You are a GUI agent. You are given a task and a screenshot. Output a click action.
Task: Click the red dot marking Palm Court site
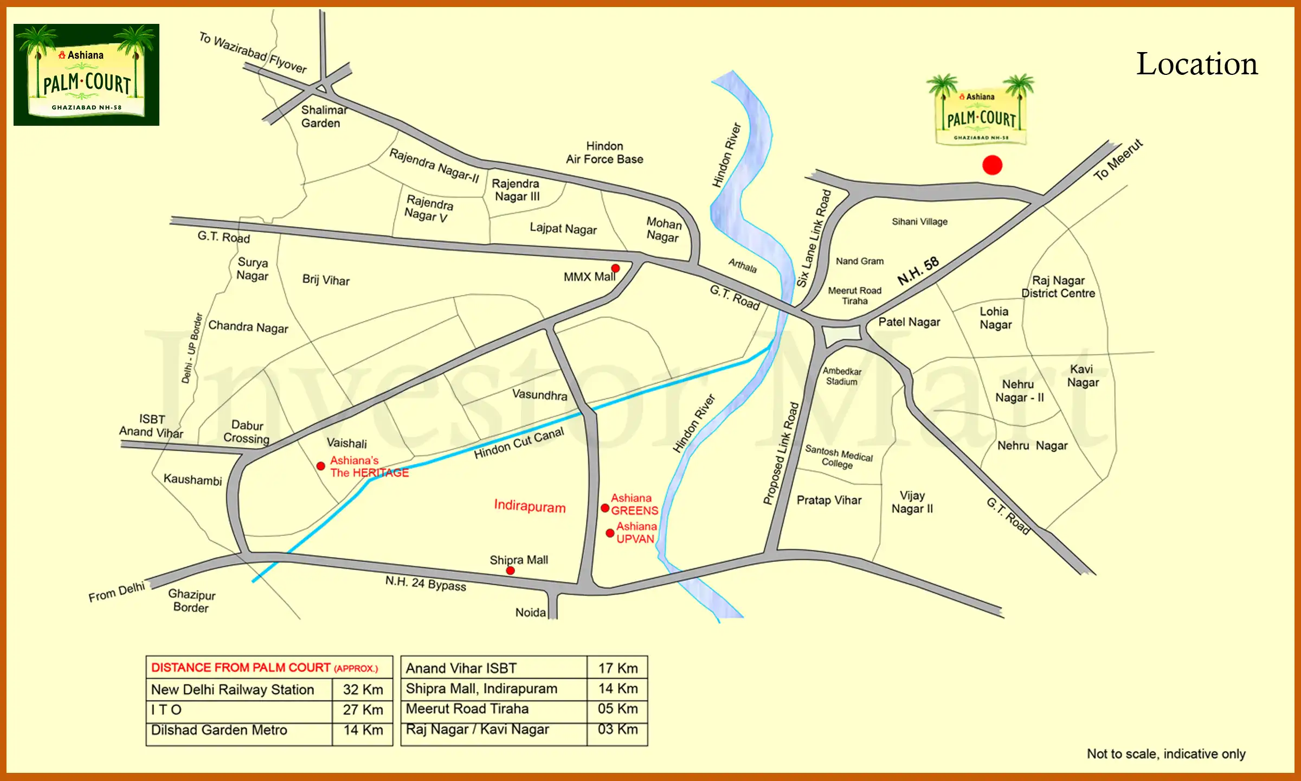992,165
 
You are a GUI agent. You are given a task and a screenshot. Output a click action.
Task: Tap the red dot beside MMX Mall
615,268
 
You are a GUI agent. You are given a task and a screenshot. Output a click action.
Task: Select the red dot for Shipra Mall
510,571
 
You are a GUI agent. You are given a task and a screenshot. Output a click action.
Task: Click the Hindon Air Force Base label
604,153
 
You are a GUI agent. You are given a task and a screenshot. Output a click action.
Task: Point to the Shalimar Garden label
324,117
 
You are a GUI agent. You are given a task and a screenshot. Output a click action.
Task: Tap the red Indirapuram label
530,506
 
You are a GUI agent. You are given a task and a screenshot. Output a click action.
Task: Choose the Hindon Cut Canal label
519,443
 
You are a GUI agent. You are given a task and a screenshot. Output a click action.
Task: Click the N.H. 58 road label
918,271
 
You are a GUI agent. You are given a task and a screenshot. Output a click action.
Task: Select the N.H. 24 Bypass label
426,584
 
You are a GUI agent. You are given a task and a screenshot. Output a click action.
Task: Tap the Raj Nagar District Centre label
1058,287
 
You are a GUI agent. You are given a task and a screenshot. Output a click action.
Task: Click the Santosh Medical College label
839,457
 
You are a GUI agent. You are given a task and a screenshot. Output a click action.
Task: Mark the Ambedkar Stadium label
842,376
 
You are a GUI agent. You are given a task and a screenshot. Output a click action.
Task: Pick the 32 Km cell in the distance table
363,689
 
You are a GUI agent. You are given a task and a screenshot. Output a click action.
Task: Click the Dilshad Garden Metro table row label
219,730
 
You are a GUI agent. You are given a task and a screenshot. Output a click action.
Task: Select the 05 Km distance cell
617,709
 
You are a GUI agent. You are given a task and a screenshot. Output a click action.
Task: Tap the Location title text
1196,65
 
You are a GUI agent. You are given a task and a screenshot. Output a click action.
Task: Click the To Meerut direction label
1118,160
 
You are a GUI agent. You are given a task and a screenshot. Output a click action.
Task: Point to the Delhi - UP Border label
191,348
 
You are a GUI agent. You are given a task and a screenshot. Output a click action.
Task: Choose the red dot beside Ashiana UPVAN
610,533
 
